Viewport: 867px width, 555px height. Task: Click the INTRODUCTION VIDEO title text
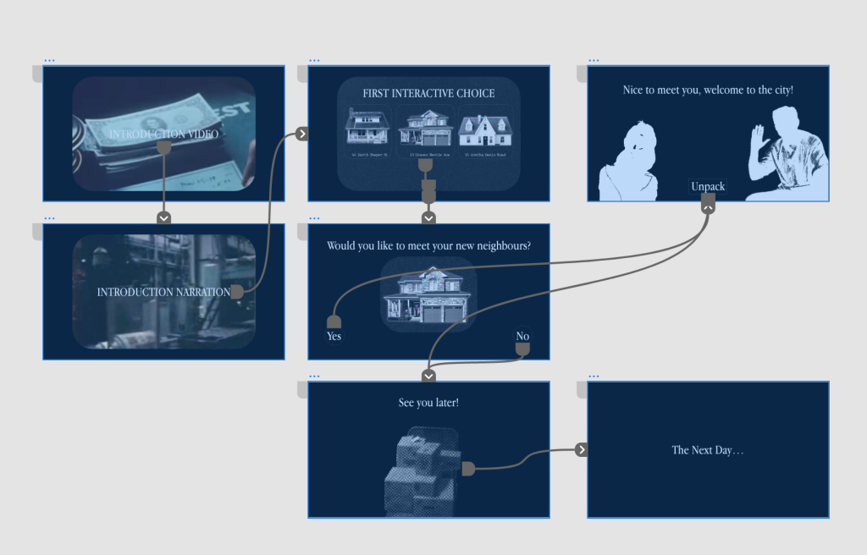(x=163, y=134)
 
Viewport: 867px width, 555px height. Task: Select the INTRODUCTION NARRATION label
(x=163, y=292)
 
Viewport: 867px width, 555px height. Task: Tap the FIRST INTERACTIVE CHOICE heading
(x=428, y=93)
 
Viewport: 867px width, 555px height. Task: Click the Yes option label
(x=334, y=336)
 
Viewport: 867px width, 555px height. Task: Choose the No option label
(x=522, y=337)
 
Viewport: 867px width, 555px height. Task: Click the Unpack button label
(x=708, y=186)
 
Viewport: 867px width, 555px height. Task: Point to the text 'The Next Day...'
(x=708, y=450)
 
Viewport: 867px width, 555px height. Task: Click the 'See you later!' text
(x=428, y=403)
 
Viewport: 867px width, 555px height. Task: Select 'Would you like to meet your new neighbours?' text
(x=428, y=245)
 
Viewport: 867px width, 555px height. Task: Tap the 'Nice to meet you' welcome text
(x=708, y=90)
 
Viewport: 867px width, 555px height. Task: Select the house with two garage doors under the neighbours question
(x=428, y=296)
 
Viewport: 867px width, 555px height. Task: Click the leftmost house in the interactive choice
(x=367, y=129)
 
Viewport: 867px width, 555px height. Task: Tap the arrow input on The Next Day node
(x=582, y=449)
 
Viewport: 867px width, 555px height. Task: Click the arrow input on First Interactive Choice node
(x=302, y=134)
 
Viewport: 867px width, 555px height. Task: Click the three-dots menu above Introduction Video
(x=49, y=60)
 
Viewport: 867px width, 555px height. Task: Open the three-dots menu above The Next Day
(x=594, y=376)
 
